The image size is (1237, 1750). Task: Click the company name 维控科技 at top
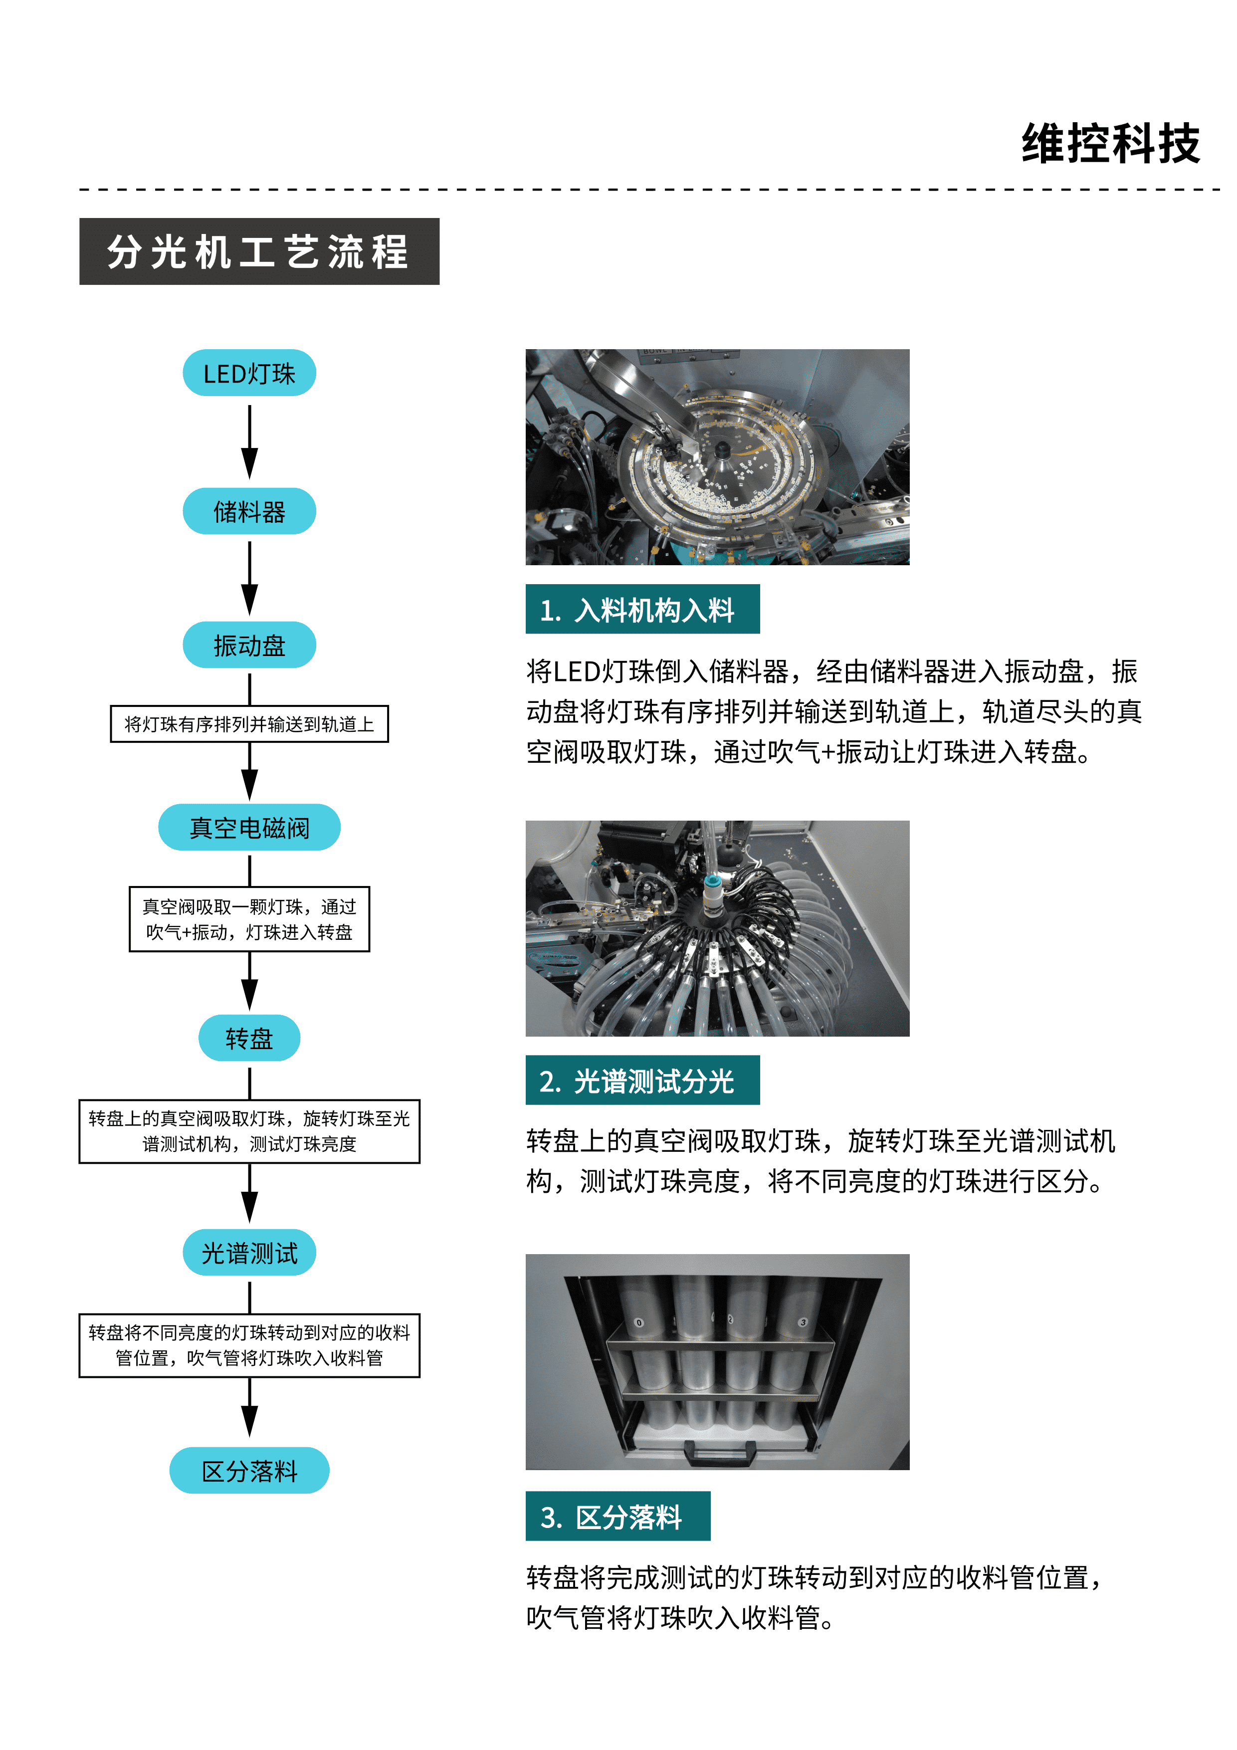[1110, 144]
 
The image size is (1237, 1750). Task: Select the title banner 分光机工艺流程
[259, 251]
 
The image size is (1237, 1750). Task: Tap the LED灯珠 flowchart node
[249, 373]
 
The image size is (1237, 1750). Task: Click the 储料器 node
[249, 511]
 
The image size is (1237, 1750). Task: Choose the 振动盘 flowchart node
[249, 645]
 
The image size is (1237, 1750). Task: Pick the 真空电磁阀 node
[249, 827]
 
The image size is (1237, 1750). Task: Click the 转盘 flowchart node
[249, 1037]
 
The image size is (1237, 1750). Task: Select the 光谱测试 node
[249, 1252]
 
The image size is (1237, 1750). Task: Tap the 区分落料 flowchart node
[249, 1470]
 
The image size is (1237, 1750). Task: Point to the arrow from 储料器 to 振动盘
[249, 577]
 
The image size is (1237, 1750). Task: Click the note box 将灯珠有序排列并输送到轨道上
[249, 724]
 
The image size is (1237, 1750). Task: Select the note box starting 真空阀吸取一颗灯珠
[249, 918]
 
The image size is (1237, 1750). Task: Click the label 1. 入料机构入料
[642, 609]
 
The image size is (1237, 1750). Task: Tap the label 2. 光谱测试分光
[642, 1080]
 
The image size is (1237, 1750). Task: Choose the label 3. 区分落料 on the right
[618, 1516]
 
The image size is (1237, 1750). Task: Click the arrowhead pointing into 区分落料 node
[249, 1421]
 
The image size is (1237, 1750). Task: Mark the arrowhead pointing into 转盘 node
[249, 995]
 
